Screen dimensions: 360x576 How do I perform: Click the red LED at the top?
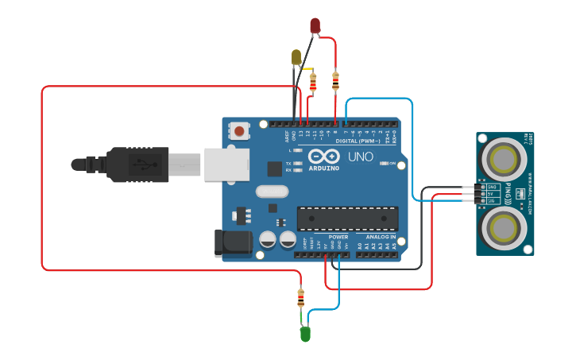[x=315, y=25]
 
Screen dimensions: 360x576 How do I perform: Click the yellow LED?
[x=296, y=57]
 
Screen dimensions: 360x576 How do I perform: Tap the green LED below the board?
[x=305, y=335]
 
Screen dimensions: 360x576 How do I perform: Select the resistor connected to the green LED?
[x=300, y=298]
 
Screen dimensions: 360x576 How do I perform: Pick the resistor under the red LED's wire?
[x=334, y=79]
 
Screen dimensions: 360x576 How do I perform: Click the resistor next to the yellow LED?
[x=312, y=82]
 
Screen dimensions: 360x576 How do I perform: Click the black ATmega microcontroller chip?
[x=347, y=219]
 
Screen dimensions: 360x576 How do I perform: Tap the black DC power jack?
[x=231, y=242]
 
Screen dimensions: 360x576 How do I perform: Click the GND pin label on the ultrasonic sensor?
[x=492, y=187]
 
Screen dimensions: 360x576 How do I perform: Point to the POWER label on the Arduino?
[x=338, y=237]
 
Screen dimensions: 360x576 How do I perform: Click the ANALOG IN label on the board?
[x=381, y=237]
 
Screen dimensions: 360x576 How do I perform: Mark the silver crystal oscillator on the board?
[x=272, y=192]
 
